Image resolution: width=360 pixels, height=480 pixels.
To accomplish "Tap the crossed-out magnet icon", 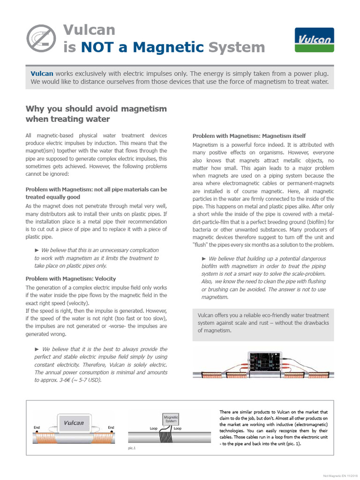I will coord(40,38).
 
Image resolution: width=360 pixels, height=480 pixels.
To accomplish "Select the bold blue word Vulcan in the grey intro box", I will coord(42,74).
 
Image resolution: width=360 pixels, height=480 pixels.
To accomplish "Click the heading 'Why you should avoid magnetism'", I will coord(96,109).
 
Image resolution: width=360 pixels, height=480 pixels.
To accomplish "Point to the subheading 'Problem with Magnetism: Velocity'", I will coord(70,278).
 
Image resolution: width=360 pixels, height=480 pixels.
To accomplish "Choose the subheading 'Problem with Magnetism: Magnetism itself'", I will coord(249,136).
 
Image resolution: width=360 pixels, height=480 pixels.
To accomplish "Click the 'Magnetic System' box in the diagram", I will coord(170,418).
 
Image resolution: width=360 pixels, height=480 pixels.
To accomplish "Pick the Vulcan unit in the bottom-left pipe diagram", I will coord(74,423).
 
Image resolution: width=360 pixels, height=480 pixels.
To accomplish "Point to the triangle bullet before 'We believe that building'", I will coord(204,259).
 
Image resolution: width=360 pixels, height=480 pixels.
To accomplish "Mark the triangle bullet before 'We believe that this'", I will coord(37,250).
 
